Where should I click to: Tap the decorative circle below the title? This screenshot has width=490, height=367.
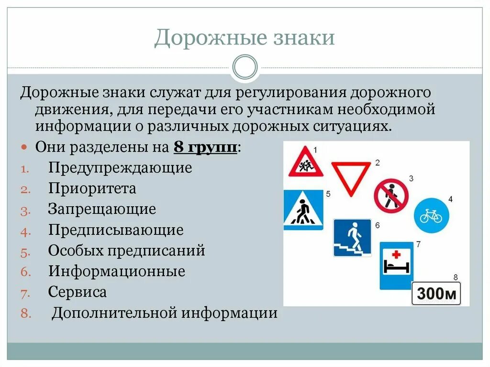coord(245,67)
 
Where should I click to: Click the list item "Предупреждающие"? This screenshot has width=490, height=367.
coord(120,168)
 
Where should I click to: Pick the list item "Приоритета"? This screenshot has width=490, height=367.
coord(92,189)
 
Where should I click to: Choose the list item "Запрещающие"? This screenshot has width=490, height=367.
coord(102,209)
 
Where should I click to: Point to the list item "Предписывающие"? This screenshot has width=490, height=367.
coord(116,230)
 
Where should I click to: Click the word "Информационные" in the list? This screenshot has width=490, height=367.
coord(116,272)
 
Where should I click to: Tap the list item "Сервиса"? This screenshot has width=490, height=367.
coord(77,292)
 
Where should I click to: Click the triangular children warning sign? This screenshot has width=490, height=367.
coord(303,163)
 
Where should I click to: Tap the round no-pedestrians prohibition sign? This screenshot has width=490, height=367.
coord(391,196)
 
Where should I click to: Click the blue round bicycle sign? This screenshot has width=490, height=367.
coord(431,216)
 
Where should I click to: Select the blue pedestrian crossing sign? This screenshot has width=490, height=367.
coord(303,210)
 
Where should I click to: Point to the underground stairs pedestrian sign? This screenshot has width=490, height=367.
coord(352,238)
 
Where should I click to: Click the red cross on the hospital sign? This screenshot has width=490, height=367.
coord(396,254)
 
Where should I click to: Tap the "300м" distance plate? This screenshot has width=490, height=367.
coord(436,293)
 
